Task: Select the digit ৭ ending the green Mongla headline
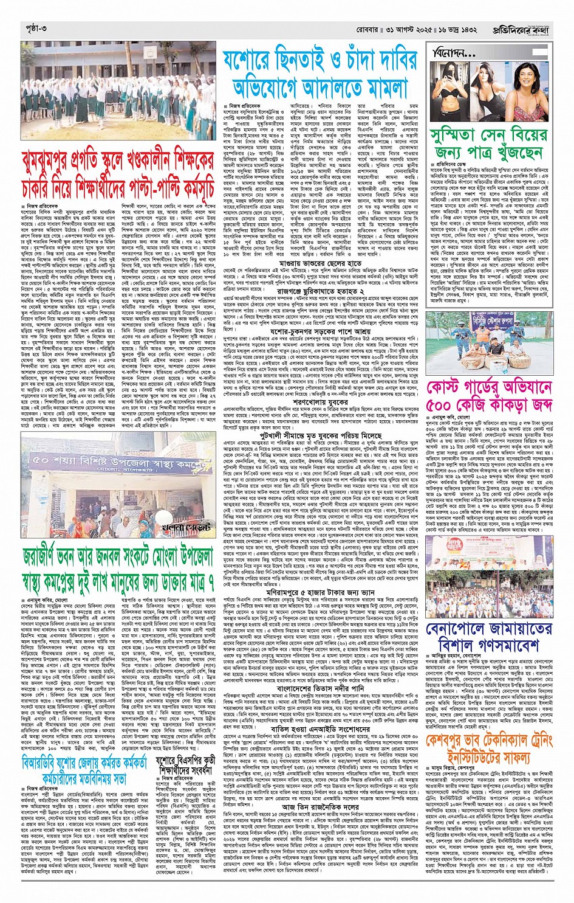pyautogui.click(x=209, y=583)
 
